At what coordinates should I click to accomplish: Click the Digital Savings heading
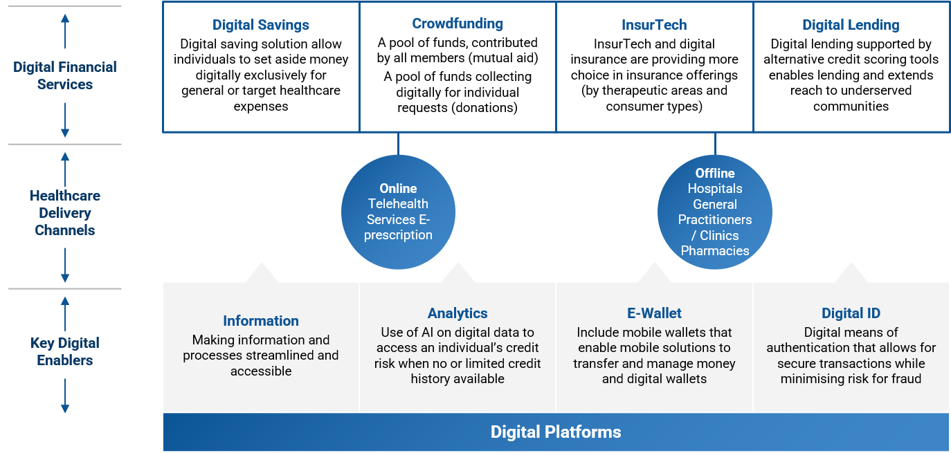261,25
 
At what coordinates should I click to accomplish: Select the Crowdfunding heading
457,24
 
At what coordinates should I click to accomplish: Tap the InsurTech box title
654,25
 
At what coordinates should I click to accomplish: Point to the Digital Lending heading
851,25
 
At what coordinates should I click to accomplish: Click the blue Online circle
398,212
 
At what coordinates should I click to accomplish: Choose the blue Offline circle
715,212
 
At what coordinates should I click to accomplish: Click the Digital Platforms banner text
556,432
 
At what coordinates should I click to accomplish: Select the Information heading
261,321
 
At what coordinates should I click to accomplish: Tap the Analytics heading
458,313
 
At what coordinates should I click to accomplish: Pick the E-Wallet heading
654,313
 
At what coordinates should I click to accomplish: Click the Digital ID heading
851,313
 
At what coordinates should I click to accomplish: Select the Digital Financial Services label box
65,75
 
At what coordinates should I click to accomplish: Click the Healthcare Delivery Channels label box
65,213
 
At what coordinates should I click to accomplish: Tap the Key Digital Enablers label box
65,351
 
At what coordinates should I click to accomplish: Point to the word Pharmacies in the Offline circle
715,250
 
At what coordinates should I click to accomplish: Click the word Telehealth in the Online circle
398,204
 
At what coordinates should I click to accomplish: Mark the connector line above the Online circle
398,144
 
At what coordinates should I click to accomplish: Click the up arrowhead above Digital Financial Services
65,17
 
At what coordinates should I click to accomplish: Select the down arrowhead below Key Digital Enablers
65,409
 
